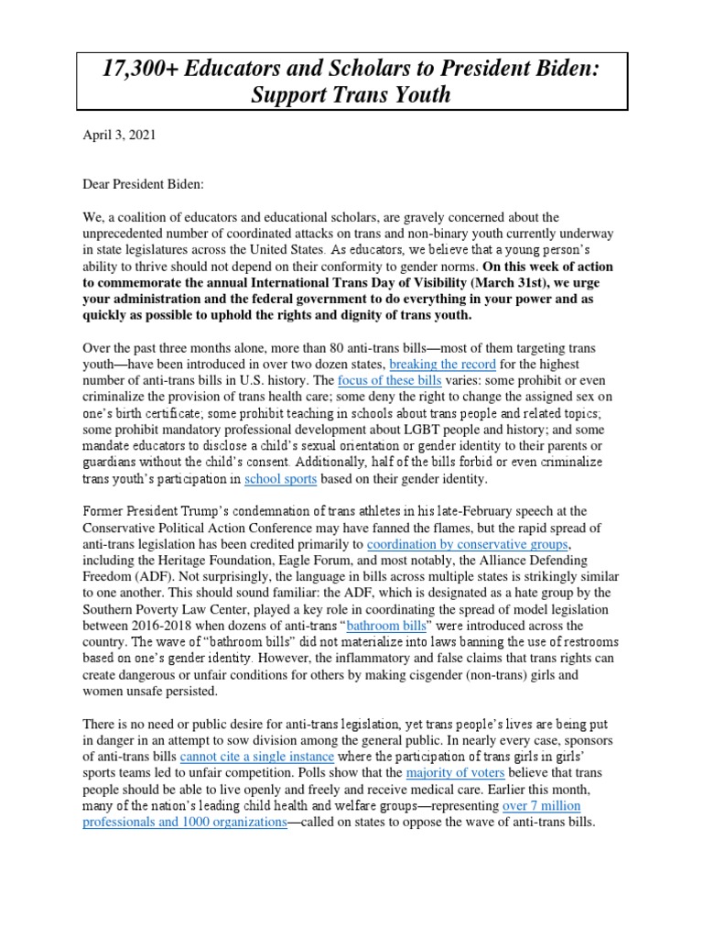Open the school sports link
(280, 478)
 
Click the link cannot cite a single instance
(257, 757)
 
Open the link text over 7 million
(542, 806)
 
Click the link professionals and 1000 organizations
(185, 823)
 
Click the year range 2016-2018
(161, 626)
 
